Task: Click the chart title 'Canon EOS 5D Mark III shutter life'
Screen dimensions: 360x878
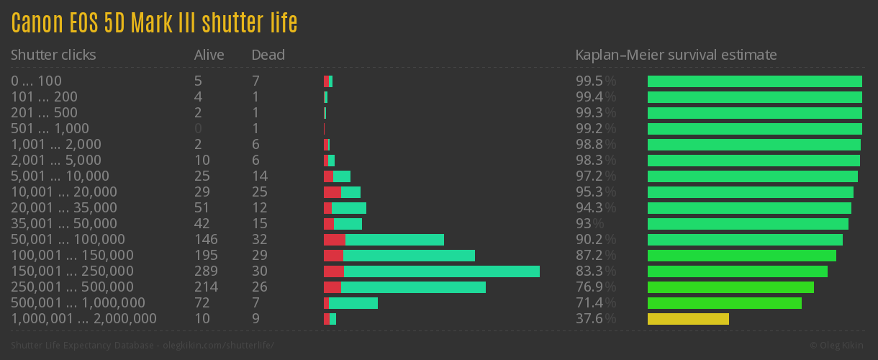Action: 154,23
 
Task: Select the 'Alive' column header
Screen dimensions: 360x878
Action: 209,55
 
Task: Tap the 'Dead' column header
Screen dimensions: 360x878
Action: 268,55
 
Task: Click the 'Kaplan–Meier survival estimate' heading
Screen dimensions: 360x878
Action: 676,55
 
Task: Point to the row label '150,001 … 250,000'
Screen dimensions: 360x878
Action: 72,271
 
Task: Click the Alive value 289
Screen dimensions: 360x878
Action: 206,271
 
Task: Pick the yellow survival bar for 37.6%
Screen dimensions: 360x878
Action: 688,319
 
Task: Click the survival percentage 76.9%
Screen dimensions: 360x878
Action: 595,287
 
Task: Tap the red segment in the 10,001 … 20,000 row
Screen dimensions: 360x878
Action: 332,192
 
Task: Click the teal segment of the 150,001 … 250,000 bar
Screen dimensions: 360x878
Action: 441,271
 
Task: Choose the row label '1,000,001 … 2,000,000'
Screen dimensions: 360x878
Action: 83,319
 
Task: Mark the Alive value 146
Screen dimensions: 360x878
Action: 206,240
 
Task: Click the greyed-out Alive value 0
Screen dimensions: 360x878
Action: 198,129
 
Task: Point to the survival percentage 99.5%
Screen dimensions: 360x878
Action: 595,81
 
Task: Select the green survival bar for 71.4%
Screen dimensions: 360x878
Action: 724,303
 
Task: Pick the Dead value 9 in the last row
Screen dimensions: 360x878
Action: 255,319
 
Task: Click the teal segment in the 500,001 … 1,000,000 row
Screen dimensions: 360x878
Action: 353,303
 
